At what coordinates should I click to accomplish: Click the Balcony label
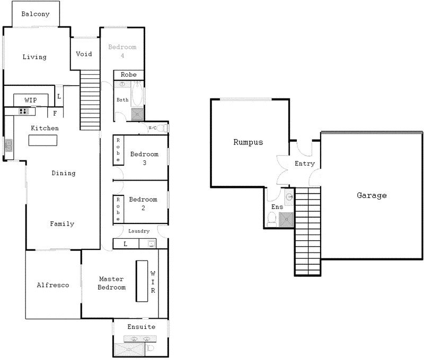pyautogui.click(x=36, y=14)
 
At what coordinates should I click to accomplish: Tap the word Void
pyautogui.click(x=84, y=54)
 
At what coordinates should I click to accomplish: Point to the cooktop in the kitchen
pyautogui.click(x=24, y=111)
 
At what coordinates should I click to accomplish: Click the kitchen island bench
pyautogui.click(x=43, y=140)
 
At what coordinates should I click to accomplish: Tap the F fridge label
pyautogui.click(x=55, y=112)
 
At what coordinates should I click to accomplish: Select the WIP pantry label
pyautogui.click(x=30, y=100)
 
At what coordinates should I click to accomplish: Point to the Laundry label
pyautogui.click(x=139, y=231)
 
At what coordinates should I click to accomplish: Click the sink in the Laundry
pyautogui.click(x=151, y=244)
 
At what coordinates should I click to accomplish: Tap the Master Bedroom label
pyautogui.click(x=112, y=283)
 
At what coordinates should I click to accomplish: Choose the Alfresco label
pyautogui.click(x=53, y=285)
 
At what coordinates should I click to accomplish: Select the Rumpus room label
pyautogui.click(x=248, y=142)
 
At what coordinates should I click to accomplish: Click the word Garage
pyautogui.click(x=372, y=195)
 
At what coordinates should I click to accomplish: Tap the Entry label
pyautogui.click(x=305, y=164)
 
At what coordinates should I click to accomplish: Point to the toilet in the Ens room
pyautogui.click(x=272, y=219)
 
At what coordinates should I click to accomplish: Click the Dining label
pyautogui.click(x=64, y=173)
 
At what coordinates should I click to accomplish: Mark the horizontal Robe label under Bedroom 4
pyautogui.click(x=129, y=75)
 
